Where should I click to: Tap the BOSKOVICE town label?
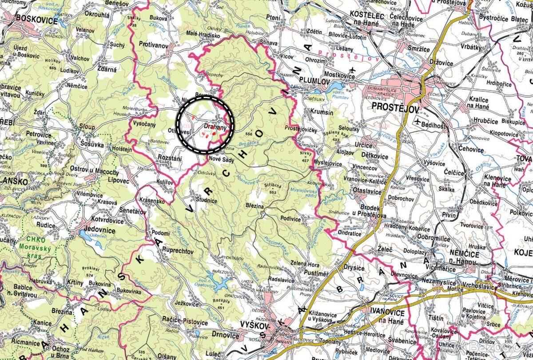36,20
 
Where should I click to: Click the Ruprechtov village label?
178,251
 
